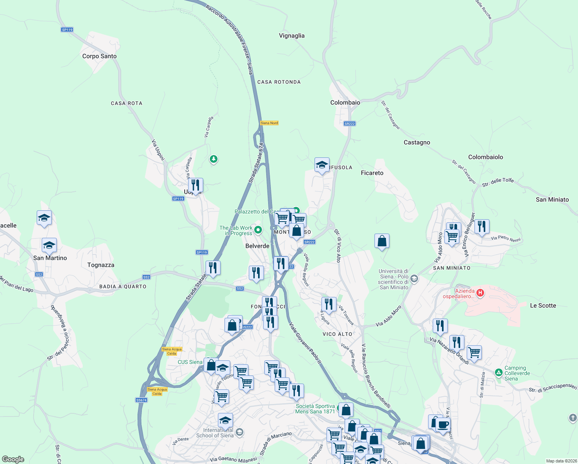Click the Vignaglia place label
pyautogui.click(x=292, y=36)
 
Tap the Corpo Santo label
pyautogui.click(x=99, y=56)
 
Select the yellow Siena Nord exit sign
pyautogui.click(x=269, y=123)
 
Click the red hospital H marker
pyautogui.click(x=480, y=293)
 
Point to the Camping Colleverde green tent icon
pyautogui.click(x=498, y=373)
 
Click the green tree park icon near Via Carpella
pyautogui.click(x=213, y=159)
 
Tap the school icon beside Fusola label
pyautogui.click(x=322, y=165)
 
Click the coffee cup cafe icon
pyautogui.click(x=443, y=425)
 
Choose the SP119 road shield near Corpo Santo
pyautogui.click(x=67, y=30)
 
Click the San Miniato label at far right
pyautogui.click(x=552, y=200)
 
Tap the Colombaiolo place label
pyautogui.click(x=486, y=157)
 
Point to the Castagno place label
pyautogui.click(x=417, y=142)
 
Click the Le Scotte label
pyautogui.click(x=543, y=305)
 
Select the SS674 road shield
pyautogui.click(x=141, y=400)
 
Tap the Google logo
pyautogui.click(x=13, y=459)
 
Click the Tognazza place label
pyautogui.click(x=101, y=265)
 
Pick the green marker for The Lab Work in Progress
pyautogui.click(x=258, y=230)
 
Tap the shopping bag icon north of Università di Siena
pyautogui.click(x=382, y=241)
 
